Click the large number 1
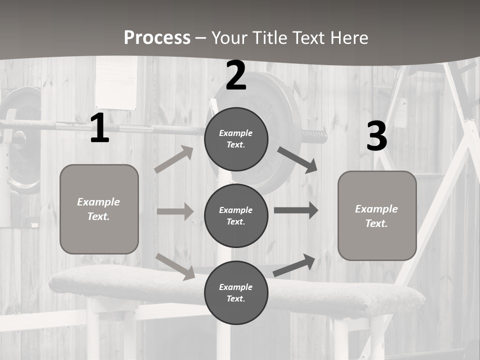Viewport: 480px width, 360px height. coord(100,128)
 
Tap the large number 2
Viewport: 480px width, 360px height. coord(236,75)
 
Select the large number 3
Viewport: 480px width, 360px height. coord(376,136)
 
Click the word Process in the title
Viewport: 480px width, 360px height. coord(157,37)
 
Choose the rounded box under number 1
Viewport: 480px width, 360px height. coord(99,209)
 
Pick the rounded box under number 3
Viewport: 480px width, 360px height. coord(377,215)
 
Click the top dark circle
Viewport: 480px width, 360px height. coord(236,139)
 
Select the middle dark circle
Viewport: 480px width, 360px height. coord(236,215)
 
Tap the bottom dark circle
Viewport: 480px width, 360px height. coord(236,292)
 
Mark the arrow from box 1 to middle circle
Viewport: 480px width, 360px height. coord(175,211)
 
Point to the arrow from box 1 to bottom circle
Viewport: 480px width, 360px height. coord(175,266)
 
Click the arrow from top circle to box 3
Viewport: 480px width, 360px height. coord(297,160)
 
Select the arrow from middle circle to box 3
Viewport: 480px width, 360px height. coord(296,210)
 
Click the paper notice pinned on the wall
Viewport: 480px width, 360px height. coord(116,82)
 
